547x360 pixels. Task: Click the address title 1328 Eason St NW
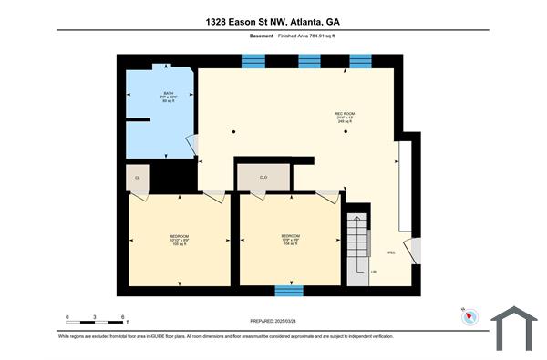[x=273, y=21]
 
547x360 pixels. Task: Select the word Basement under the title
[x=262, y=36]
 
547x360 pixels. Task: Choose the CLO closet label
[x=263, y=177]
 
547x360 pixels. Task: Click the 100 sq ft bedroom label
[x=179, y=242]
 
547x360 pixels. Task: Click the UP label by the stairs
[x=372, y=272]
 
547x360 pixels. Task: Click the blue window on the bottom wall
[x=289, y=291]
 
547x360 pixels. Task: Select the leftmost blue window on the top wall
[x=253, y=61]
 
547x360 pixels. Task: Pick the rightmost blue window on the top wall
[x=361, y=61]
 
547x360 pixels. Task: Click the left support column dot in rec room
[x=233, y=133]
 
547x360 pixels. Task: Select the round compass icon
[x=468, y=316]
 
